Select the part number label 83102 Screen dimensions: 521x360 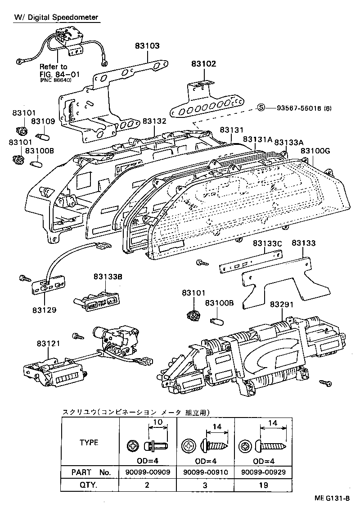(x=203, y=64)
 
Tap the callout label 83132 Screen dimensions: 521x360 (x=154, y=121)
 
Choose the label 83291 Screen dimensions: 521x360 (x=282, y=305)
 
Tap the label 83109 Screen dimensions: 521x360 (x=43, y=121)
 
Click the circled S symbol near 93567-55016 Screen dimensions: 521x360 (x=261, y=108)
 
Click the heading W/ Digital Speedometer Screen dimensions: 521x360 (x=56, y=17)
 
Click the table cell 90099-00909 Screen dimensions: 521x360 (x=147, y=473)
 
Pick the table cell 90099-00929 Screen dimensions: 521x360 (x=264, y=473)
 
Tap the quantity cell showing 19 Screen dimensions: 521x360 (x=264, y=485)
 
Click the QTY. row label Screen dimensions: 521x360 (x=89, y=485)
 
